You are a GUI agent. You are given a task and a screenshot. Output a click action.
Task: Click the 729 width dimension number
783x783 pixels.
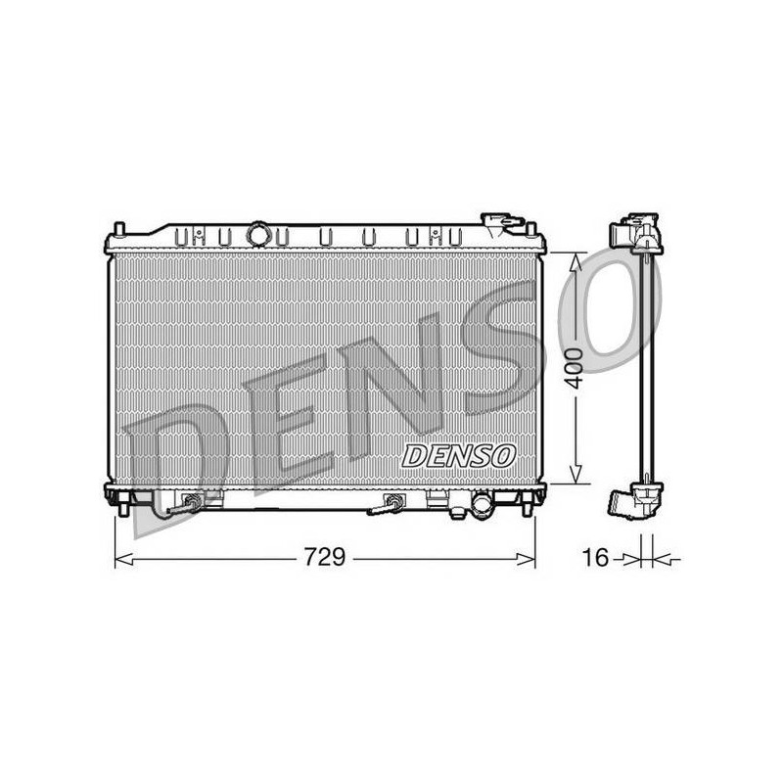pyautogui.click(x=325, y=557)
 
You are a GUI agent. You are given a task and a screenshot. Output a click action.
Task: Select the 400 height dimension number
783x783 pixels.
pyautogui.click(x=576, y=369)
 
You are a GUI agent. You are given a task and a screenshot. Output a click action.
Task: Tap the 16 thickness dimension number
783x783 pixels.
pyautogui.click(x=596, y=557)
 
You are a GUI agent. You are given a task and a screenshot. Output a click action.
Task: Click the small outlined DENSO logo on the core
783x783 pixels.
pyautogui.click(x=458, y=456)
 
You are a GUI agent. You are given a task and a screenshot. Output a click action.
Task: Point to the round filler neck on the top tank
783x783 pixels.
pyautogui.click(x=258, y=234)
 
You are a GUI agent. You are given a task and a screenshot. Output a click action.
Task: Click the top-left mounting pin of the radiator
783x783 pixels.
pyautogui.click(x=118, y=229)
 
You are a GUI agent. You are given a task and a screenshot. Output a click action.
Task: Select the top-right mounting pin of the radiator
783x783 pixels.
pyautogui.click(x=531, y=229)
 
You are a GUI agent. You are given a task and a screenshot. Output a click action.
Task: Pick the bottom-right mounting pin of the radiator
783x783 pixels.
pyautogui.click(x=526, y=508)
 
